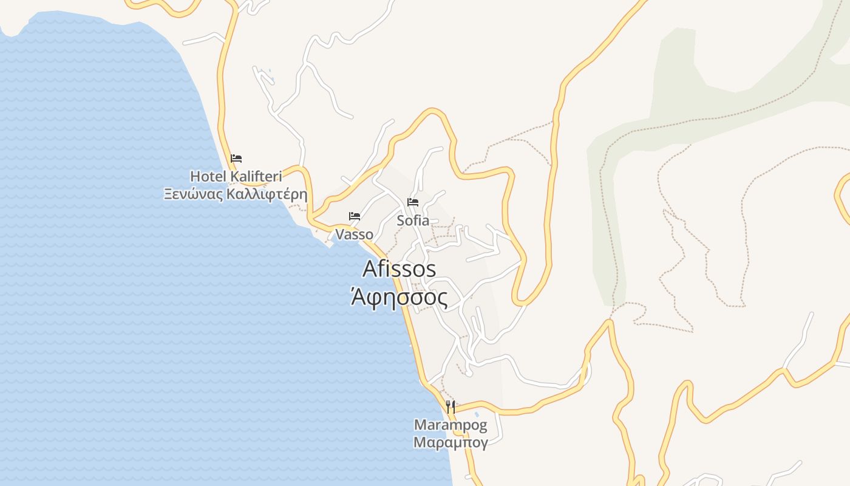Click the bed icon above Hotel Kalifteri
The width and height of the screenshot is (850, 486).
coord(236,159)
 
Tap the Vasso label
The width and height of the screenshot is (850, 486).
coord(354,234)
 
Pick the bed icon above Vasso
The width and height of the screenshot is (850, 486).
coord(355,216)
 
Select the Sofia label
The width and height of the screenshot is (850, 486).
coord(413,221)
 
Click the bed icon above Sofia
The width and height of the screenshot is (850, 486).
coord(413,202)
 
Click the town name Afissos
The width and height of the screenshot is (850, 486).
coord(399,269)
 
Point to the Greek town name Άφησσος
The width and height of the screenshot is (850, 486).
coord(399,298)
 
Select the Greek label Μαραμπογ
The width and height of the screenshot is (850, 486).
coord(450,442)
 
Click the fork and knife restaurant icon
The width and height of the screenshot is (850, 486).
coord(450,406)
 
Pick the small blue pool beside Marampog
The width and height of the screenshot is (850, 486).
coord(477,415)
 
